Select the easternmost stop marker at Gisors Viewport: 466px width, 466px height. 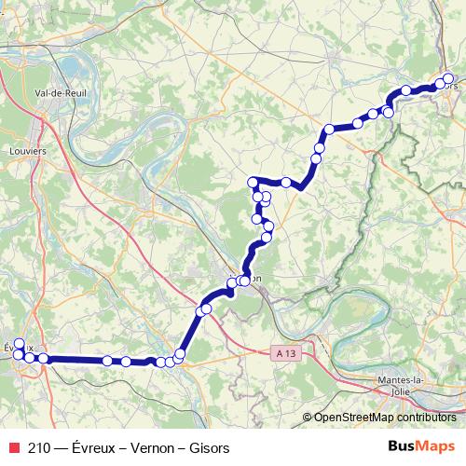point(449,79)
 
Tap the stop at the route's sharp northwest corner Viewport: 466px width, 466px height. point(252,182)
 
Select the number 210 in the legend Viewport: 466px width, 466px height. point(39,448)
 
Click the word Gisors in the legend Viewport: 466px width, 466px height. point(208,448)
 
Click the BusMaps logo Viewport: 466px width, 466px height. point(422,447)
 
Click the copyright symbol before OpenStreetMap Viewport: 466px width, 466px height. point(308,418)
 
